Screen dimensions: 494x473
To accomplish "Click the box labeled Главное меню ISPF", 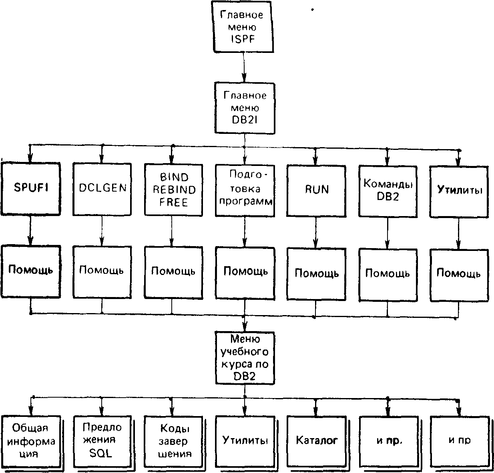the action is click(x=243, y=27).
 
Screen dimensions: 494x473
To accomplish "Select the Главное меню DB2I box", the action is click(x=245, y=108).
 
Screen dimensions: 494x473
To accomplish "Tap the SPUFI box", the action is click(x=31, y=189).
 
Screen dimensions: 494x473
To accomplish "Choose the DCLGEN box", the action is click(x=102, y=189).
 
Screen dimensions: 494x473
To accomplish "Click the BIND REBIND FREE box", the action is click(x=174, y=190).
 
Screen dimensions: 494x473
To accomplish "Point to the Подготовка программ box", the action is click(x=245, y=191).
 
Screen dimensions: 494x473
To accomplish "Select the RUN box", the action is click(x=316, y=191).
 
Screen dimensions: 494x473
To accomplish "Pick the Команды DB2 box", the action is click(x=388, y=192).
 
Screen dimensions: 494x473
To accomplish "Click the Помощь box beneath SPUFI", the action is click(x=31, y=271).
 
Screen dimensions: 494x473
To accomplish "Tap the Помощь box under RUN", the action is click(x=317, y=275).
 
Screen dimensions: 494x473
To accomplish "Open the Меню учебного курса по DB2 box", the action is click(x=245, y=358).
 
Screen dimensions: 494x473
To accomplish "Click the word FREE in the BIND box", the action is click(x=174, y=202).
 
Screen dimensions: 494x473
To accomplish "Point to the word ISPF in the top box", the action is click(x=243, y=39).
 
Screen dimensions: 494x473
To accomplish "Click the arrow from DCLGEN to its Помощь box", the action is click(x=102, y=231).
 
